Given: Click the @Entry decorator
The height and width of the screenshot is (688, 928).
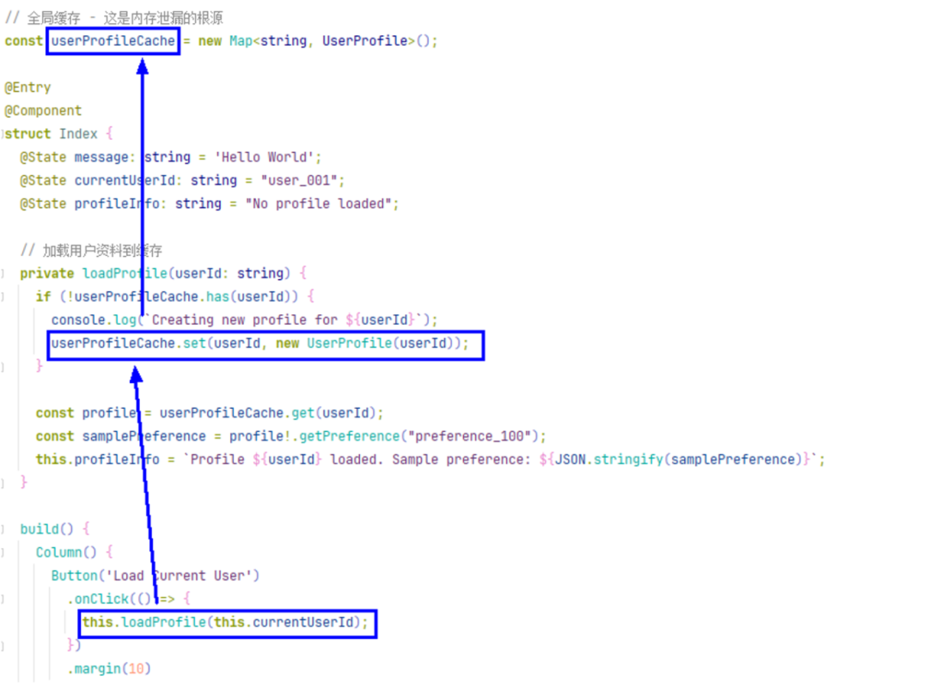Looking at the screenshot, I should pos(28,88).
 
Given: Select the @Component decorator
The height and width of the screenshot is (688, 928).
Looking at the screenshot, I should pos(43,111).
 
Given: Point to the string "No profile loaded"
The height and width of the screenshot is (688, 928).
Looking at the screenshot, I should pos(322,204).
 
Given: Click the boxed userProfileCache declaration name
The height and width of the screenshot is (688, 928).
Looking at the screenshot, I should pos(113,40).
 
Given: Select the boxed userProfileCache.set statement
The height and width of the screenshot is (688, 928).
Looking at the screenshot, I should pos(266,344).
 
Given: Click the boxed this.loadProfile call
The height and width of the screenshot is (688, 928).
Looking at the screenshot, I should pos(229,622).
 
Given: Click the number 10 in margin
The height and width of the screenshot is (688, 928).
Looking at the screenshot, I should pos(136,668).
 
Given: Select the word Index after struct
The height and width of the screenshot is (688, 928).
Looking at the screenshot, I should pos(78,134).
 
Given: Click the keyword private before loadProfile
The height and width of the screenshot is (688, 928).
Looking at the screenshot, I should pos(47,273).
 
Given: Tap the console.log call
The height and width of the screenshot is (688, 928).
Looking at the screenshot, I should pos(89,320).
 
